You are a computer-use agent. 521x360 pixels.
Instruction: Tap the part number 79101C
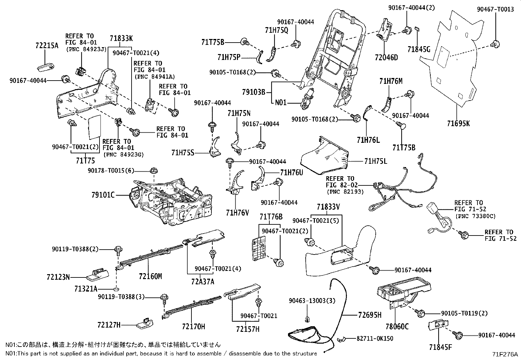(103, 195)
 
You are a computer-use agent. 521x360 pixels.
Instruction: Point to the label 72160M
(150, 276)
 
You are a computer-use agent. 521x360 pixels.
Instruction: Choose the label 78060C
(397, 326)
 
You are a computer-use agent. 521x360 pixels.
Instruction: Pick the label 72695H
(370, 315)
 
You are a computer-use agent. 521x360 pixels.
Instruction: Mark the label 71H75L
(376, 161)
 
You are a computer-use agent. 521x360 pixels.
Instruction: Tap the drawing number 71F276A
(505, 354)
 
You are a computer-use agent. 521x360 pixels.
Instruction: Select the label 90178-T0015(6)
(111, 170)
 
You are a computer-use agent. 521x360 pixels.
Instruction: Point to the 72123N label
(58, 277)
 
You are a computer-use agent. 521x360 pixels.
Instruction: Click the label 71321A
(86, 289)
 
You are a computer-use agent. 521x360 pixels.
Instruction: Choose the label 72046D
(386, 58)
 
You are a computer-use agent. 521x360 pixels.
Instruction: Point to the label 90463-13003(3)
(312, 301)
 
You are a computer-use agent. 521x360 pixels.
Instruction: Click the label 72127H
(109, 325)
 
